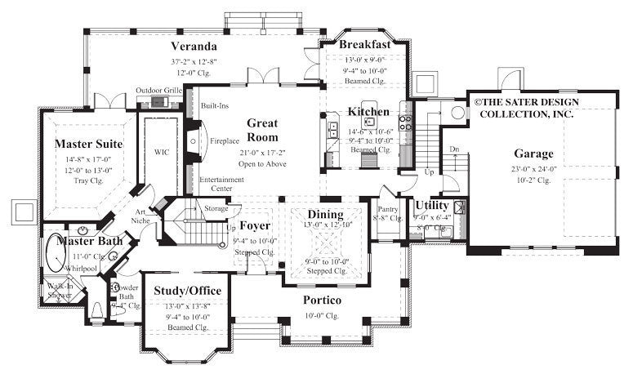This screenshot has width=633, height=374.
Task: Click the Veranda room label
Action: [x=193, y=46]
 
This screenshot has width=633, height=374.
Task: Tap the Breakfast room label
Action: [x=364, y=44]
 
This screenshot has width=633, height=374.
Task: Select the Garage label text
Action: [x=533, y=154]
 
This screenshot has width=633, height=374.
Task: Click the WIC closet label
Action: [x=161, y=152]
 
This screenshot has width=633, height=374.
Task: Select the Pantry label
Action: [x=387, y=210]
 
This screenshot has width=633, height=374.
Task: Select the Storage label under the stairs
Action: [x=216, y=209]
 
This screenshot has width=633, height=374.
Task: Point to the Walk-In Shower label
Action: [x=60, y=290]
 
